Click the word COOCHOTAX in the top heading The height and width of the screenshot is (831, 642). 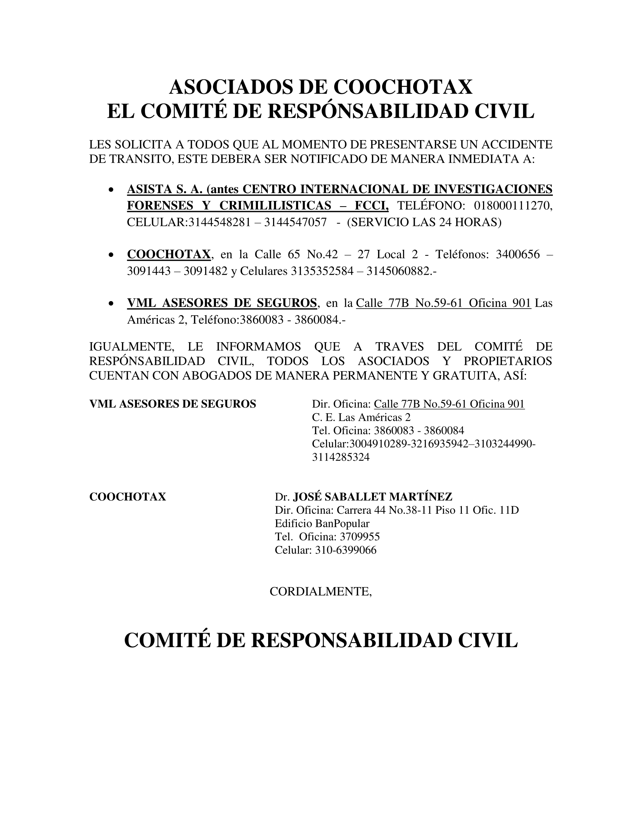tap(403, 87)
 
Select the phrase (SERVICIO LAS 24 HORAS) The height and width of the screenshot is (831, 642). tap(424, 222)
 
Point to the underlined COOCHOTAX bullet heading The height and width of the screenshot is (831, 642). tap(168, 254)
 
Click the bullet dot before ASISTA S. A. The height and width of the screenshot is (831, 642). tap(111, 190)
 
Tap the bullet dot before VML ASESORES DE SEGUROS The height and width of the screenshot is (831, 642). tap(111, 304)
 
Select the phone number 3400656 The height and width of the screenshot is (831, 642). tap(518, 254)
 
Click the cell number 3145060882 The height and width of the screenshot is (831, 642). tap(398, 271)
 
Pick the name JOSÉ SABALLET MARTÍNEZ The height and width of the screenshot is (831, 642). tap(373, 497)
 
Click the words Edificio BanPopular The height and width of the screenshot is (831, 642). tap(322, 524)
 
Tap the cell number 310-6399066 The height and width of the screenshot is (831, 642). tap(346, 550)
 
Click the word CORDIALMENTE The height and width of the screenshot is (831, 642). tap(320, 592)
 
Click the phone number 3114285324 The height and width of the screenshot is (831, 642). tap(341, 457)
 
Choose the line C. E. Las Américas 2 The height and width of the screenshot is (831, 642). tap(361, 417)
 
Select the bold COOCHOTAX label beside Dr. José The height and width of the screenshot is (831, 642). tap(127, 497)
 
